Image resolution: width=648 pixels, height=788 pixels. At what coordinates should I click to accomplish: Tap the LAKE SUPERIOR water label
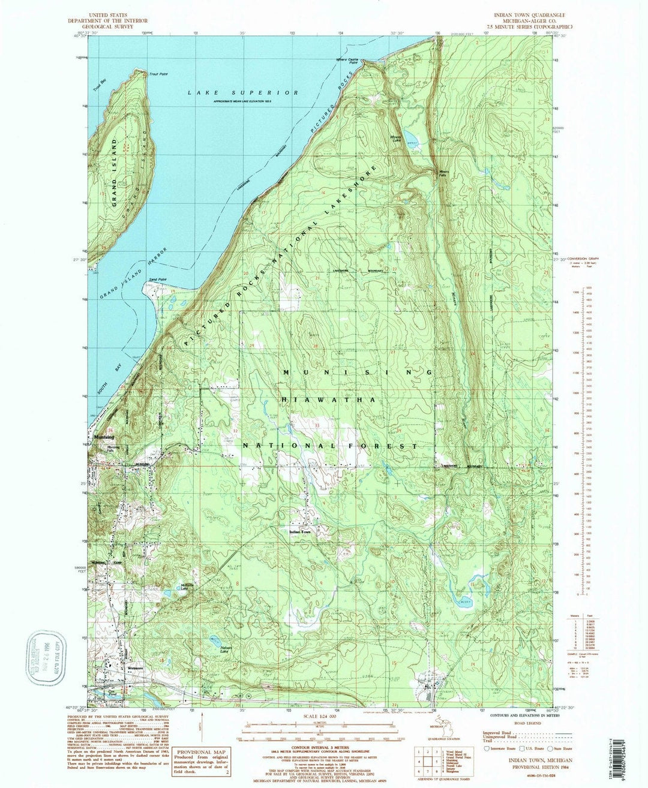pos(242,93)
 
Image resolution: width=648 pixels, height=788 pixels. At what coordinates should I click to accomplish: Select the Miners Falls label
pos(443,174)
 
